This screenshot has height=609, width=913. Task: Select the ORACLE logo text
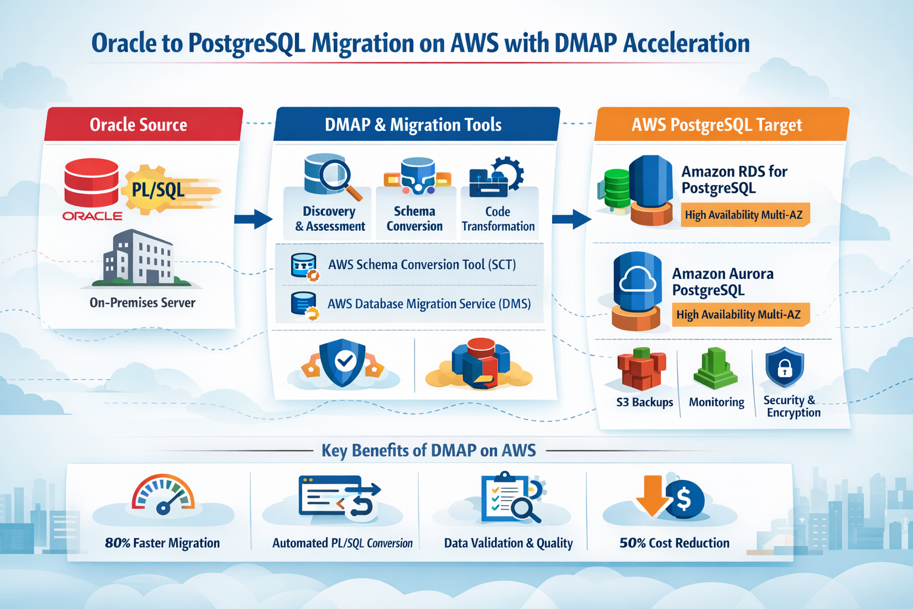coord(92,216)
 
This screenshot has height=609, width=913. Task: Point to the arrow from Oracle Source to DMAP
coord(253,219)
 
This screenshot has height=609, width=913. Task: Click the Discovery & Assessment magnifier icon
coord(333,177)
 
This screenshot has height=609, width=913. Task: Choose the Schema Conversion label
coord(414,219)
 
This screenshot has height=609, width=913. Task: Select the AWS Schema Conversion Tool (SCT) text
coord(421,265)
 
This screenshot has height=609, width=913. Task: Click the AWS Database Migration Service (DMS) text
coord(429,304)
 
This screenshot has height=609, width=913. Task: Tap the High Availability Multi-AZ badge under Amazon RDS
coord(744,215)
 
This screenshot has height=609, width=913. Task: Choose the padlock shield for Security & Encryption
coord(785,368)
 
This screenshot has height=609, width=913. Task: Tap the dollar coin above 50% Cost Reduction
coord(685,500)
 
